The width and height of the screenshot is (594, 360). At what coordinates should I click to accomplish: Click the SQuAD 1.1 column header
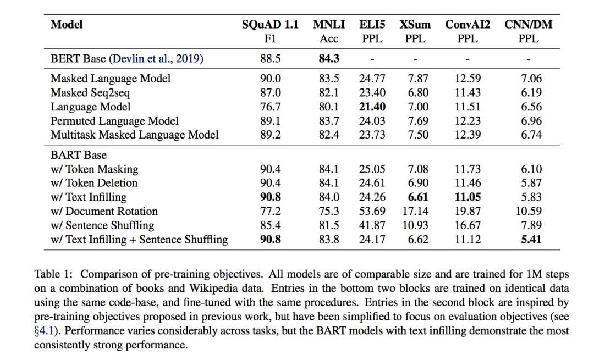coord(270,25)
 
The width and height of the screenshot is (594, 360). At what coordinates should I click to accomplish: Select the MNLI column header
coord(329,25)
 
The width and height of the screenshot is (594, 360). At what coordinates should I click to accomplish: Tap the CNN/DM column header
coord(528,25)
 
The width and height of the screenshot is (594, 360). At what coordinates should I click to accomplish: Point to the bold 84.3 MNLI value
coord(329,59)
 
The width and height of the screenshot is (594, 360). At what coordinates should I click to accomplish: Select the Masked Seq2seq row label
coord(90,93)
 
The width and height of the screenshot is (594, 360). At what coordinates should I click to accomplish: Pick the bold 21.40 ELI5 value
coord(372,107)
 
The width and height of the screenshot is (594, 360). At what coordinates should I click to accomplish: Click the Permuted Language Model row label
coord(114,121)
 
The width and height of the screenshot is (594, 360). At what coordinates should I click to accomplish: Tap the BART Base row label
coord(79,155)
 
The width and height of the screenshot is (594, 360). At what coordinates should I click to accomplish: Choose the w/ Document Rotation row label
coord(104,211)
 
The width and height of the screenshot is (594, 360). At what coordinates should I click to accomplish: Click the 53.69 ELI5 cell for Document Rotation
coord(372,211)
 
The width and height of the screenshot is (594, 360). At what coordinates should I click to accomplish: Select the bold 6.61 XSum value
coord(415,197)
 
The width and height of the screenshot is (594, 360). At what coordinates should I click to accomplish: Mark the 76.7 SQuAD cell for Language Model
coord(270,107)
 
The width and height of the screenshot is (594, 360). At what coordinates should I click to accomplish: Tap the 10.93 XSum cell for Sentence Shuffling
coord(414,225)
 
